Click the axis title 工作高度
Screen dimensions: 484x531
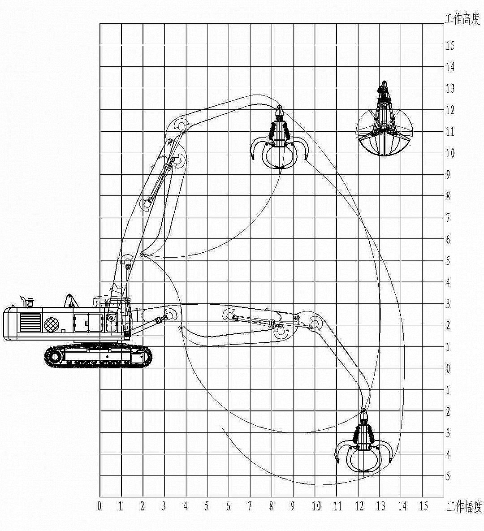point(462,19)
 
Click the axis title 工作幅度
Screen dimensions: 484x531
point(464,507)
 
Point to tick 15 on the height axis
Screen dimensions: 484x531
point(450,45)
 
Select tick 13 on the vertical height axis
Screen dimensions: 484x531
point(450,88)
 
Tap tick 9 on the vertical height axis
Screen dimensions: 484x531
point(448,175)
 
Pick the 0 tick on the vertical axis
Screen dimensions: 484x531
point(448,368)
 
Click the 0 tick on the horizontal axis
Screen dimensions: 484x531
point(99,506)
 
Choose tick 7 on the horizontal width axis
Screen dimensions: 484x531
point(250,506)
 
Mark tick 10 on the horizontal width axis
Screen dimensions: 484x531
point(316,506)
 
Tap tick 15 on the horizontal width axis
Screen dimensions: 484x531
point(423,506)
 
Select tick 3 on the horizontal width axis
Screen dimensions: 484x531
point(164,506)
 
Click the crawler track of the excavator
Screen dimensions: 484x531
point(98,356)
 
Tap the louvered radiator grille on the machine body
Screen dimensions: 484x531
point(30,322)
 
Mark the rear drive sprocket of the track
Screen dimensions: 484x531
point(54,357)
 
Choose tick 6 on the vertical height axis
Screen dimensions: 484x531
point(448,239)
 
